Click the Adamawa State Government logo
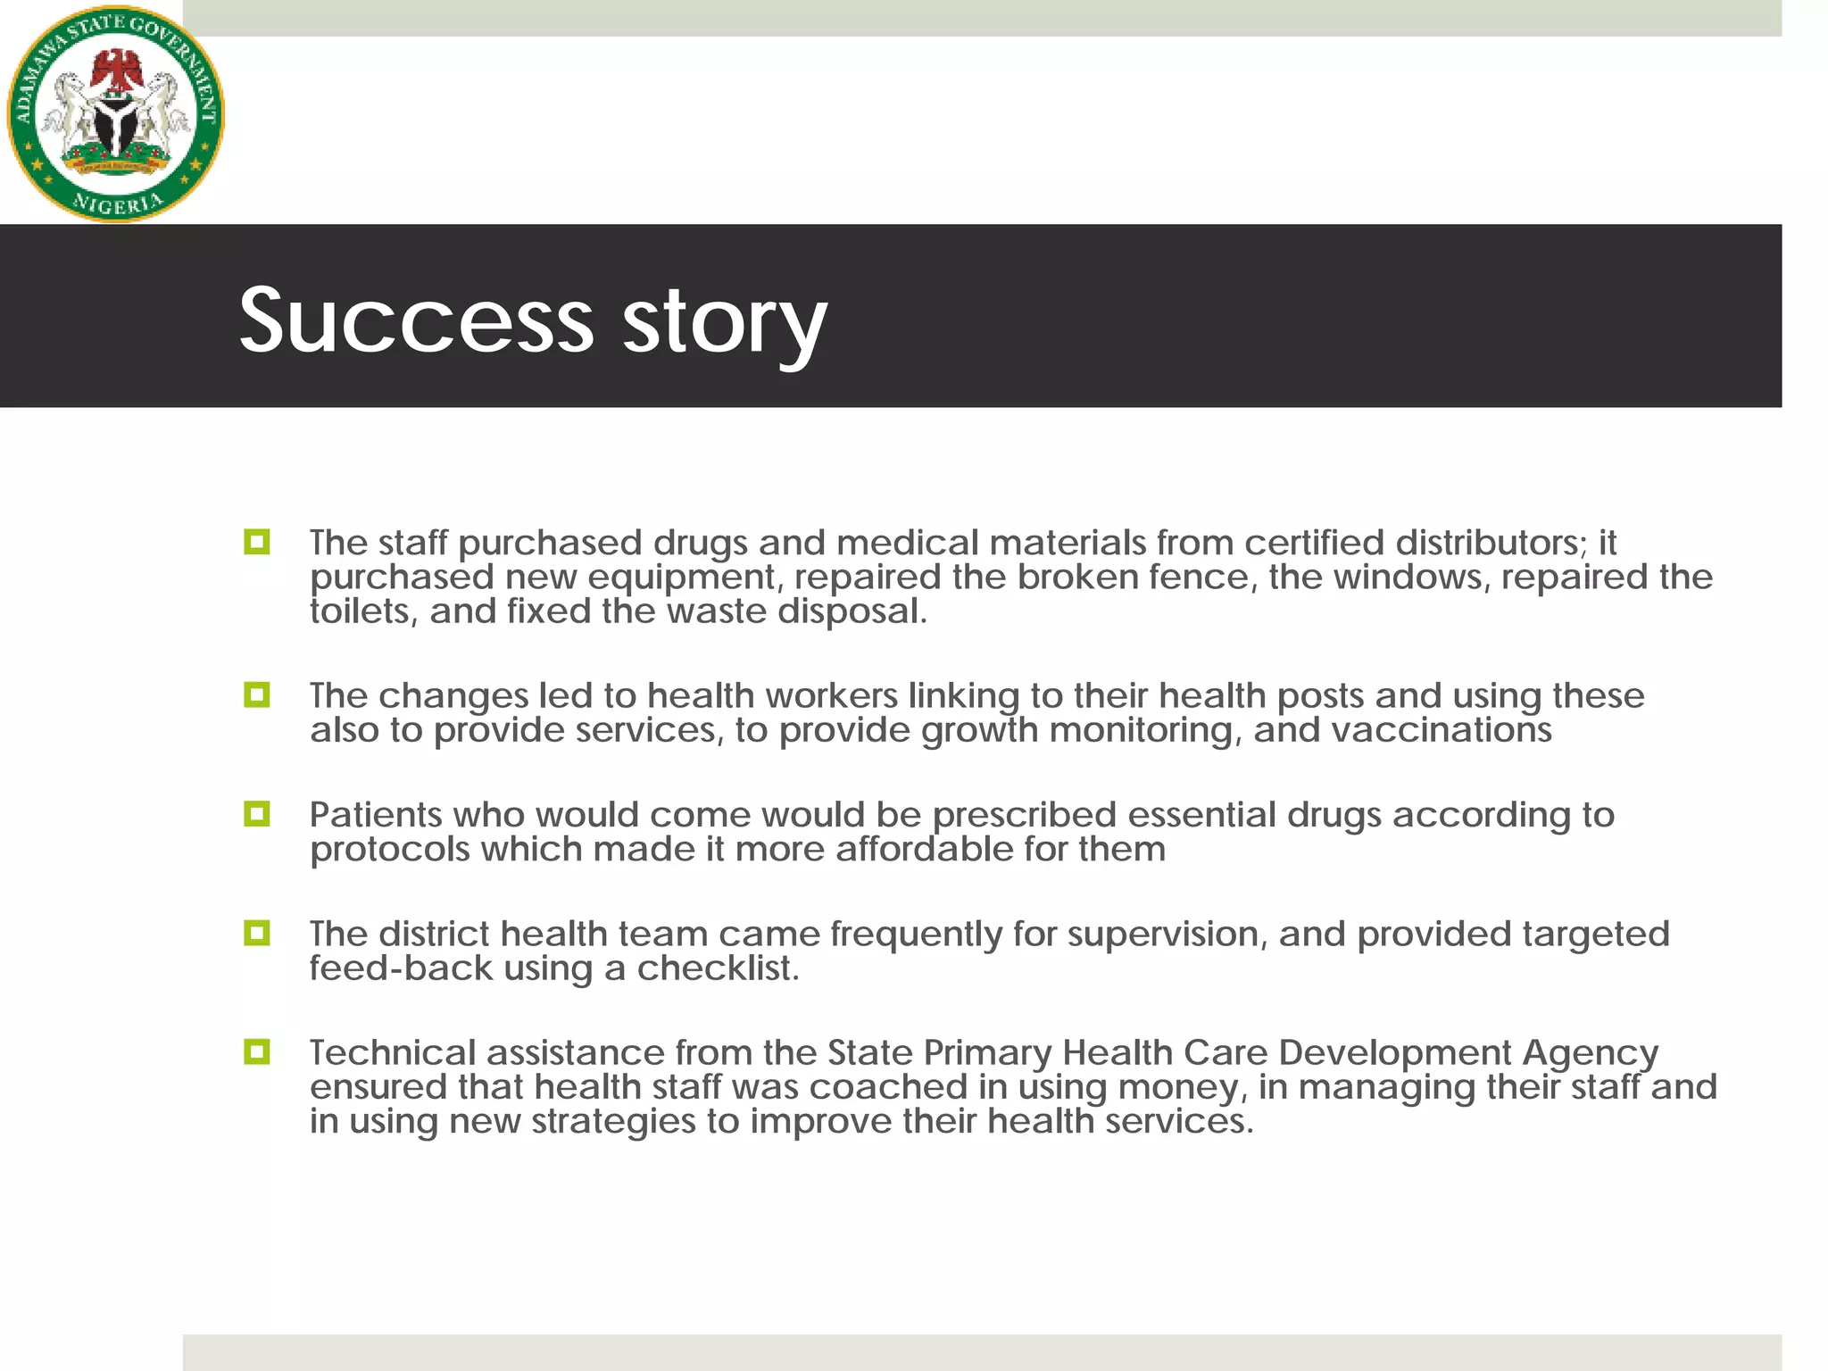tap(116, 114)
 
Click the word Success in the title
tap(416, 320)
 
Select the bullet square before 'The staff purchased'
tap(257, 542)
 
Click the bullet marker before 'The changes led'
tap(257, 694)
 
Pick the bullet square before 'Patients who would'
tap(257, 813)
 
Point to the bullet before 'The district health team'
tap(257, 933)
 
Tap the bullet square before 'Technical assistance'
tap(257, 1051)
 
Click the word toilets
tap(363, 611)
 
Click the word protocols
tap(389, 850)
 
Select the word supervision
tap(1167, 935)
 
